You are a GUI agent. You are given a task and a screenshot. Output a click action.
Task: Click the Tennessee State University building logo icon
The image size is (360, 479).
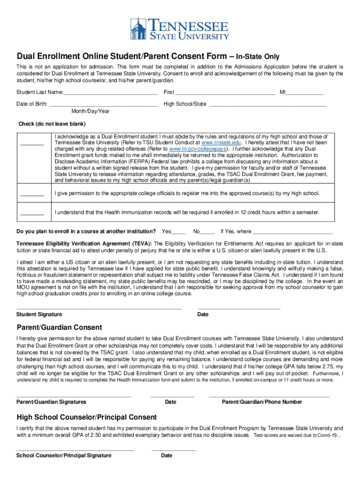(x=139, y=29)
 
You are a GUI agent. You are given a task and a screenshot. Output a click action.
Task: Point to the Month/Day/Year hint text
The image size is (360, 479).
(x=90, y=111)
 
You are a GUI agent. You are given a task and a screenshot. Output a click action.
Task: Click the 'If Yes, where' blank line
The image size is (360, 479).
(x=293, y=232)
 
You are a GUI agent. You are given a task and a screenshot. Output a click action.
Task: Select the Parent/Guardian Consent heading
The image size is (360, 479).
(x=59, y=327)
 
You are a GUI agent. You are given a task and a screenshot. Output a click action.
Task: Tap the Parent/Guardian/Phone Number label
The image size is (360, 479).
(x=262, y=402)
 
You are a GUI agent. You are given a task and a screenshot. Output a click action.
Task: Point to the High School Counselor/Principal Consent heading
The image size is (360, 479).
(x=86, y=417)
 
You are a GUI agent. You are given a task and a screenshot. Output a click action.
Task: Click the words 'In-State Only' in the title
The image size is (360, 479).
(x=258, y=57)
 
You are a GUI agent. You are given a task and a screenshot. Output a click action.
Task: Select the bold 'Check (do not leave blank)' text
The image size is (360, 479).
(x=52, y=124)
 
